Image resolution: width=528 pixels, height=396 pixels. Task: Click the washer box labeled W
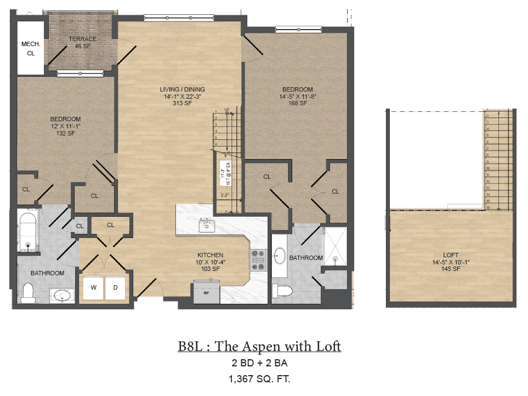pos(93,287)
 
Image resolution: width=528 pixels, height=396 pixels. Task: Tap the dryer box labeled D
pos(115,287)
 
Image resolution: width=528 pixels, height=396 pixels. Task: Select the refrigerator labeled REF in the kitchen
pos(206,291)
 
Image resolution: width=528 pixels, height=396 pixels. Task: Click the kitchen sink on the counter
pos(207,224)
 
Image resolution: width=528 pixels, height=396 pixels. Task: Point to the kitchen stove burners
pos(258,261)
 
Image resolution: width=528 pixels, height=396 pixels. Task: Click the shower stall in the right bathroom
pos(334,246)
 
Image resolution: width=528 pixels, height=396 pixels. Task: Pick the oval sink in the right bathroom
pos(280,255)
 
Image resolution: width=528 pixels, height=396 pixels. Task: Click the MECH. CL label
pos(28,49)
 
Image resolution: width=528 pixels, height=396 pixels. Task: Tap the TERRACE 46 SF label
pos(82,43)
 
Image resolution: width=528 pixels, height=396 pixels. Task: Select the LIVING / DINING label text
pos(182,89)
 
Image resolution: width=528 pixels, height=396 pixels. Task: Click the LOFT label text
pos(452,255)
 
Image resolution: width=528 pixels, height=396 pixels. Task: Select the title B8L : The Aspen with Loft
pos(259,346)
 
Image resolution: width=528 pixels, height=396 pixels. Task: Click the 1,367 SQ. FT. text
pos(259,378)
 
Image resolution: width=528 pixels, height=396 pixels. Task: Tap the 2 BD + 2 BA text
pos(259,363)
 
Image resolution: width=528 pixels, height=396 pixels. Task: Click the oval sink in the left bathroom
pos(61,296)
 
